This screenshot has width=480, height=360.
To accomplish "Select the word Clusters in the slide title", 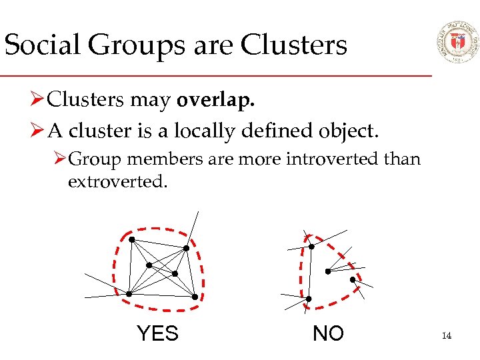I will [294, 45].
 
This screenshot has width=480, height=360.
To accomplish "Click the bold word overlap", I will [215, 100].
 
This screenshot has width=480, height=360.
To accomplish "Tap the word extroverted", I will [117, 181].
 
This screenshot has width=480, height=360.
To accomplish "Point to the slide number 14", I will [447, 335].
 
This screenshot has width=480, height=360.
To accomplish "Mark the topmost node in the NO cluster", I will [311, 247].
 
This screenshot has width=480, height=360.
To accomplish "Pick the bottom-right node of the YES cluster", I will [195, 297].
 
